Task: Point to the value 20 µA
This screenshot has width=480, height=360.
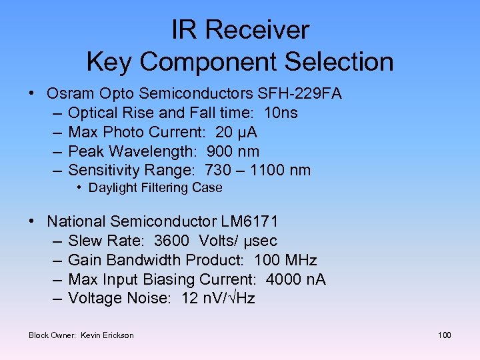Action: coord(238,132)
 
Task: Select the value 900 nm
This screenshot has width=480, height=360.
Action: coord(233,151)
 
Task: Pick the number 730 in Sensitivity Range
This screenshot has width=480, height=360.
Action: coord(219,171)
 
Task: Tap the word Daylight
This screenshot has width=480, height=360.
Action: coord(113,188)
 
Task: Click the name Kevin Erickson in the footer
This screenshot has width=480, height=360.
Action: coord(107,335)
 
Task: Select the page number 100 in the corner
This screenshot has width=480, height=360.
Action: coord(444,335)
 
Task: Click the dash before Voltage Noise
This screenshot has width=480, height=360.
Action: coord(56,299)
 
